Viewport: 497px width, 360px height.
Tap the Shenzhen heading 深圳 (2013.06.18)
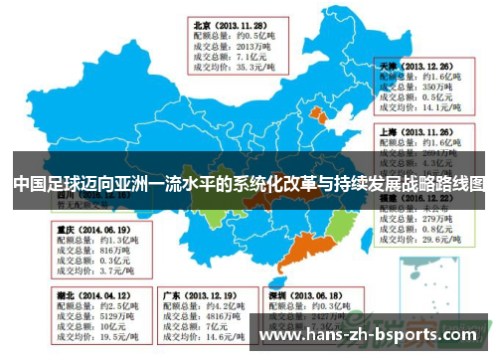[x=304, y=295]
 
